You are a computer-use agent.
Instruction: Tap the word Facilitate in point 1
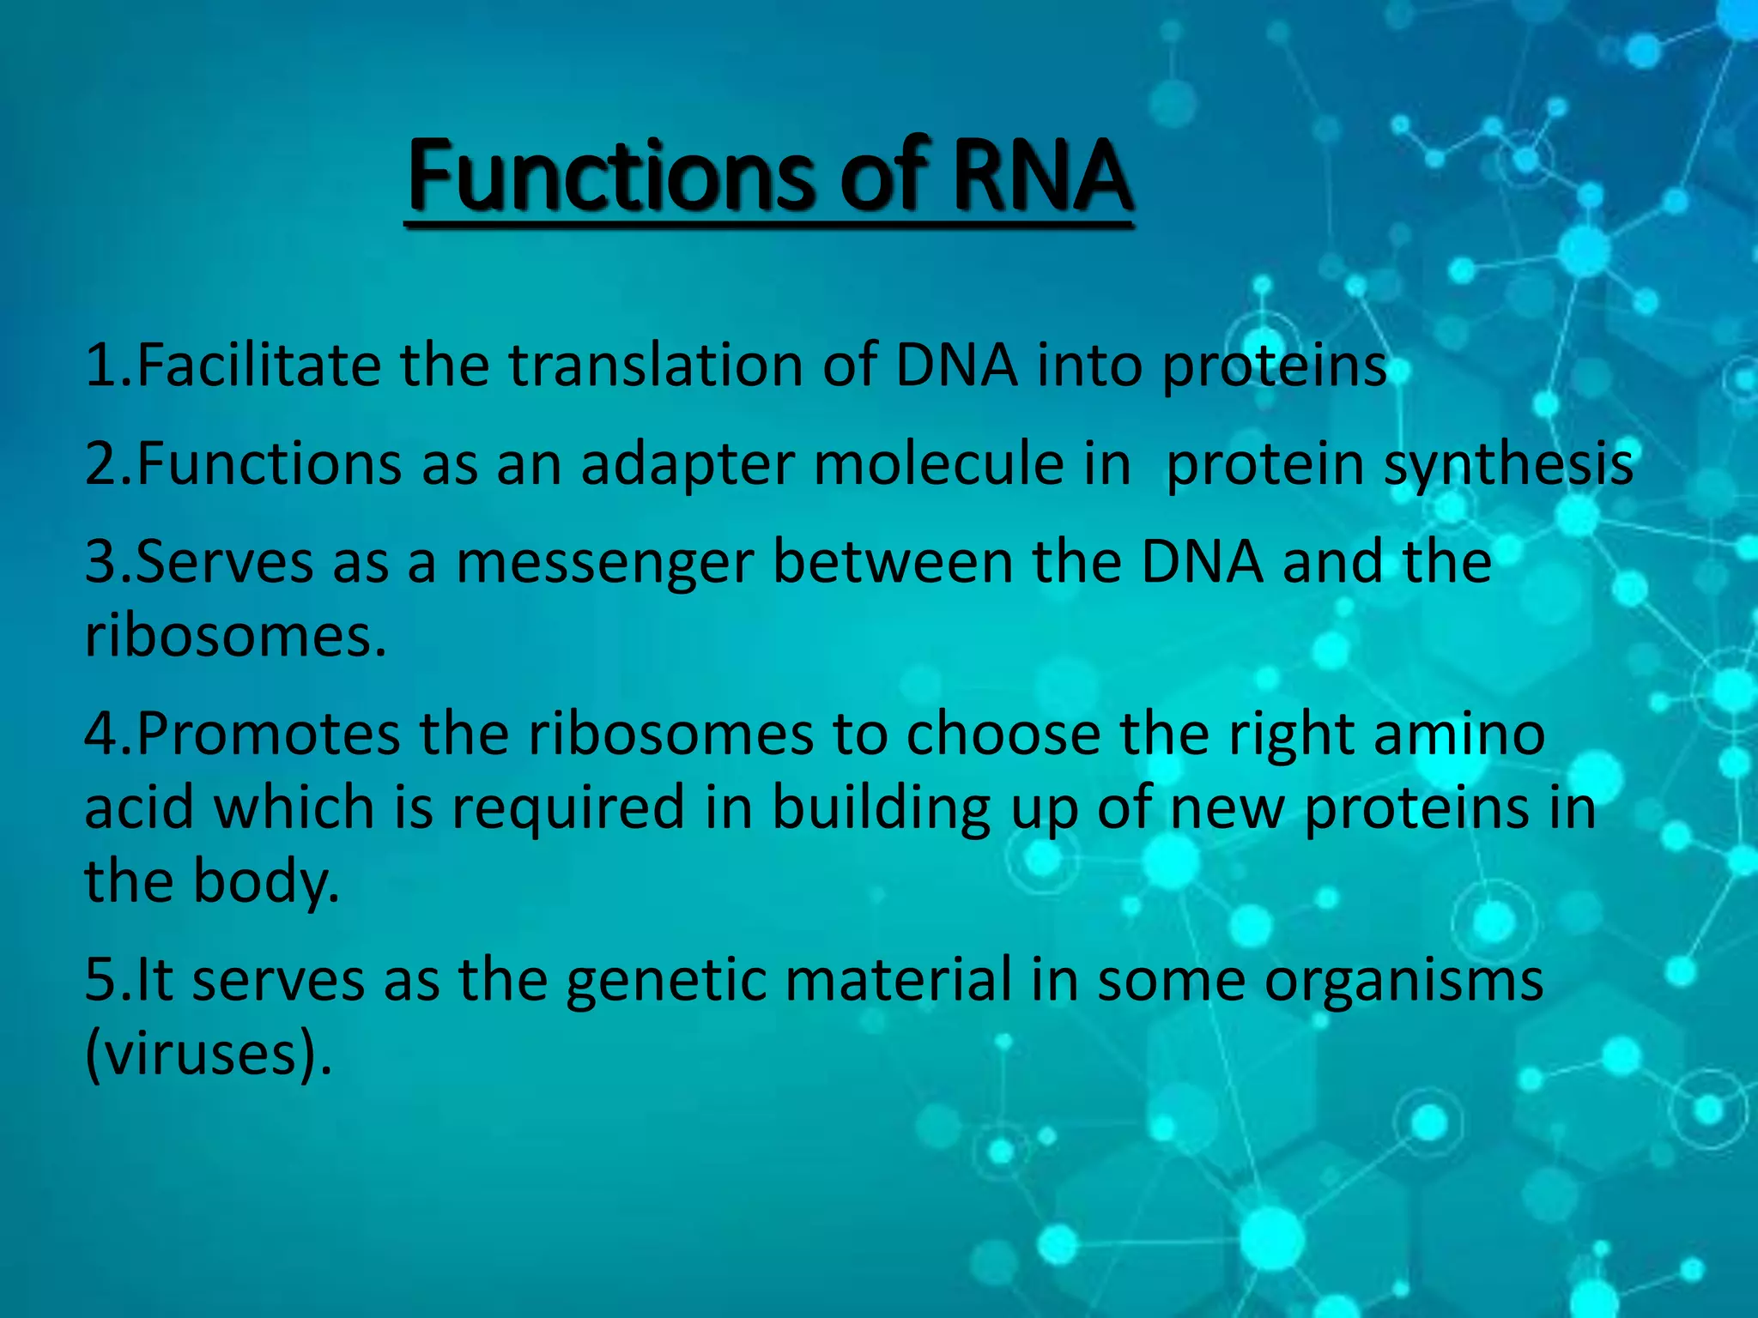[x=258, y=366]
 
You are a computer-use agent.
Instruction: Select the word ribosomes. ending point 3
[x=236, y=637]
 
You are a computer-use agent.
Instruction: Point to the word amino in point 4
[x=1459, y=735]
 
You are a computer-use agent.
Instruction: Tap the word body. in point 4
[x=266, y=883]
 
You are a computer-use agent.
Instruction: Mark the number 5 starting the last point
[x=100, y=981]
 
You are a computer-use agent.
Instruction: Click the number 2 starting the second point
[x=100, y=464]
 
